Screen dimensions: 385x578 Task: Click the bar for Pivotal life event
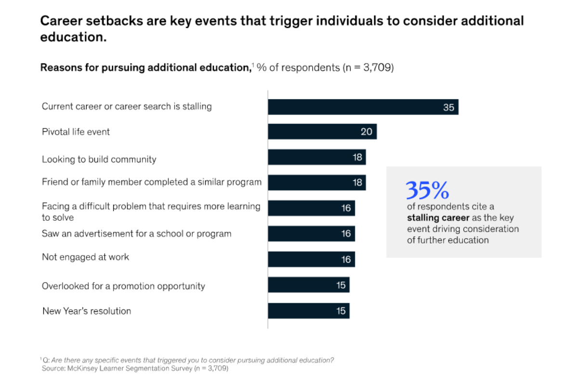322,131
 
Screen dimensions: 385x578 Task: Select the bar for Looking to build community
316,157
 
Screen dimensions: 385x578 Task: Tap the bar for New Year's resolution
308,311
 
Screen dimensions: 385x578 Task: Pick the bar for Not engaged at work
311,259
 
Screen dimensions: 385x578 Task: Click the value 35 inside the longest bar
448,107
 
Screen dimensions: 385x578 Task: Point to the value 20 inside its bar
367,131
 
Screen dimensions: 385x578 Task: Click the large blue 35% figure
427,191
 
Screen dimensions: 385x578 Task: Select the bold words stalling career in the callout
438,218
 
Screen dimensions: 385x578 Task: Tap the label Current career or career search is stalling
127,106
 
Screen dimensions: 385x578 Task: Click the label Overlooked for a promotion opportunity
123,286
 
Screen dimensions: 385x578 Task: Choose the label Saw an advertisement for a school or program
136,233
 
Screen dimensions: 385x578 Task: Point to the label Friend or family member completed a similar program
152,182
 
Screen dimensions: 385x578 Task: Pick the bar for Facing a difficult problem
311,208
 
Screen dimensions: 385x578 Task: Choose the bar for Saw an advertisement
311,234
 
